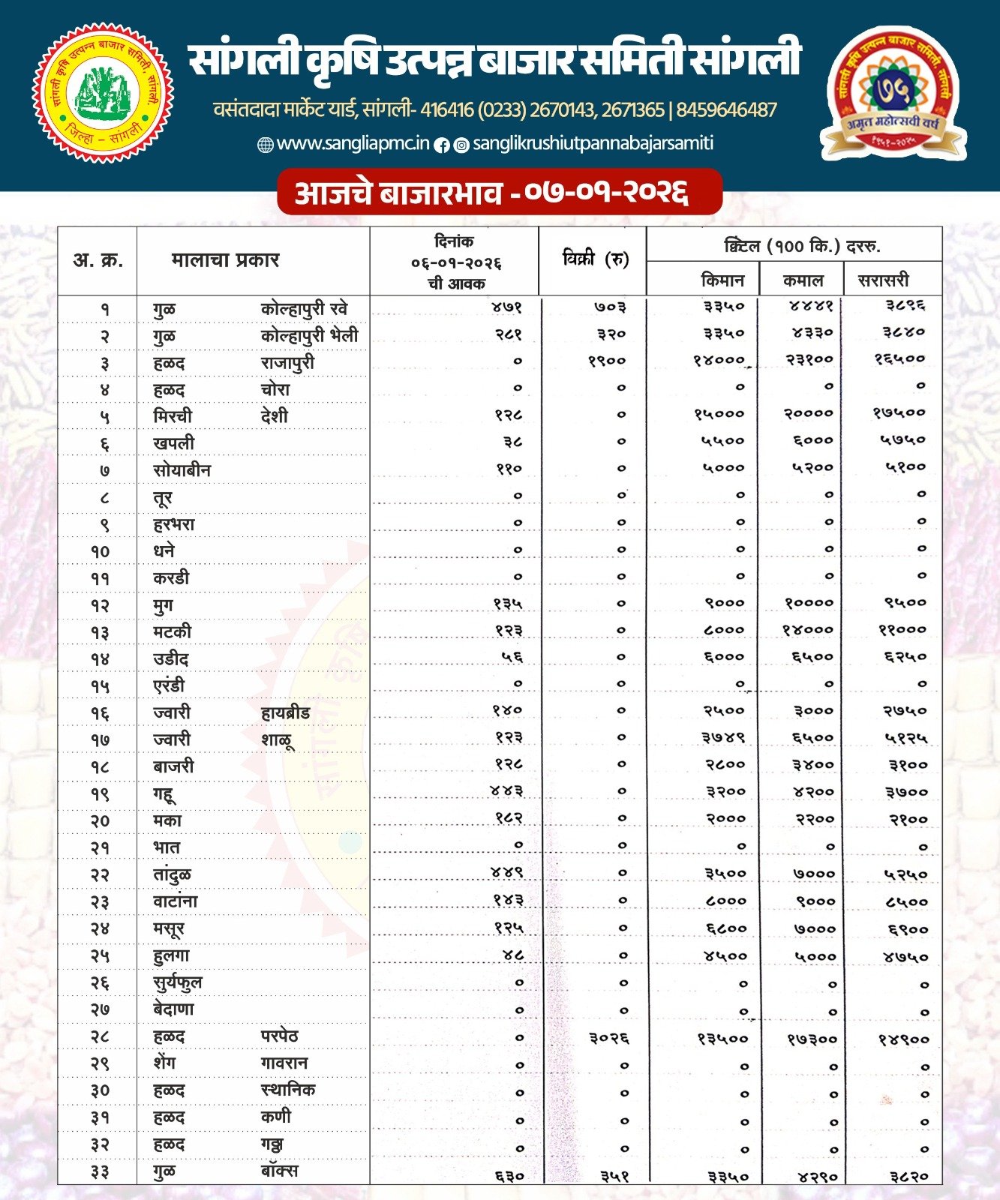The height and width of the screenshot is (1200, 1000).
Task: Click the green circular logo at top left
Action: pos(104,92)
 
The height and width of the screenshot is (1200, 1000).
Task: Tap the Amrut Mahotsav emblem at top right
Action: pos(893,94)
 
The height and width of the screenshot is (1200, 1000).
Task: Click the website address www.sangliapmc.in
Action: pos(353,143)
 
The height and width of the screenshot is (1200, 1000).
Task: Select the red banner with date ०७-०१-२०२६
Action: pos(499,192)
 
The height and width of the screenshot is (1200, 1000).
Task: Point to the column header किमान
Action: pos(722,280)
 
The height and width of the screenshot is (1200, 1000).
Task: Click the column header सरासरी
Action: pos(883,280)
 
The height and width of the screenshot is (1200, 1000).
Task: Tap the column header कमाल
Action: pos(803,280)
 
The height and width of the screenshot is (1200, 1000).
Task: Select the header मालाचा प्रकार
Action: pos(225,260)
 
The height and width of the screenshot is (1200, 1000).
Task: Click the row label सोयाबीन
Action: pos(182,470)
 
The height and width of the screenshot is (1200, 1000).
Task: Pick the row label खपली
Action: pos(173,443)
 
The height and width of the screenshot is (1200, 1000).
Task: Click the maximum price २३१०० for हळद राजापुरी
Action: pos(809,360)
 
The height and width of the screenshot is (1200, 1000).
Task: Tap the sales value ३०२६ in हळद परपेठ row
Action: pos(608,1038)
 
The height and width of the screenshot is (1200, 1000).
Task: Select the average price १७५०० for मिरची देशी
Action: pos(899,412)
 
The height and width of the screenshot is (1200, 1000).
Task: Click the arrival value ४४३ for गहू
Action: pos(506,791)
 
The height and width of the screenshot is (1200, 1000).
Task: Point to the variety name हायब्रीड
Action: pos(285,712)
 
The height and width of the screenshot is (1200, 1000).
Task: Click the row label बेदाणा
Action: pos(173,1009)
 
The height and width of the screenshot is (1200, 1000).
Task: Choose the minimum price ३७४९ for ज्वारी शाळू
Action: pos(723,738)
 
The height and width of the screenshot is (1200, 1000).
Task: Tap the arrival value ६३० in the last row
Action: pos(509,1176)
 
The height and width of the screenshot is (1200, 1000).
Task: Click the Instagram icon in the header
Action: pos(462,145)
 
